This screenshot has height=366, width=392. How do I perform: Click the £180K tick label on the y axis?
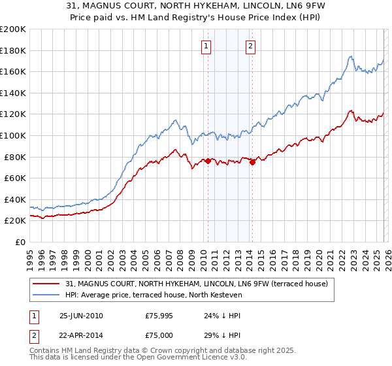point(13,50)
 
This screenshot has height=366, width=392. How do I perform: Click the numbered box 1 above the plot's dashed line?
point(206,46)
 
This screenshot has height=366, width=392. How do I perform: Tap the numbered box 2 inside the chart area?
point(251,46)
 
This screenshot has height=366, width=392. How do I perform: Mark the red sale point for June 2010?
point(208,161)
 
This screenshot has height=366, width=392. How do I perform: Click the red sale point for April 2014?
point(252,163)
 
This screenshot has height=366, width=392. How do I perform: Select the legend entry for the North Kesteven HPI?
point(154,295)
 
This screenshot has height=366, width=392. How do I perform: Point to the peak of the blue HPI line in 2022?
point(351,56)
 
